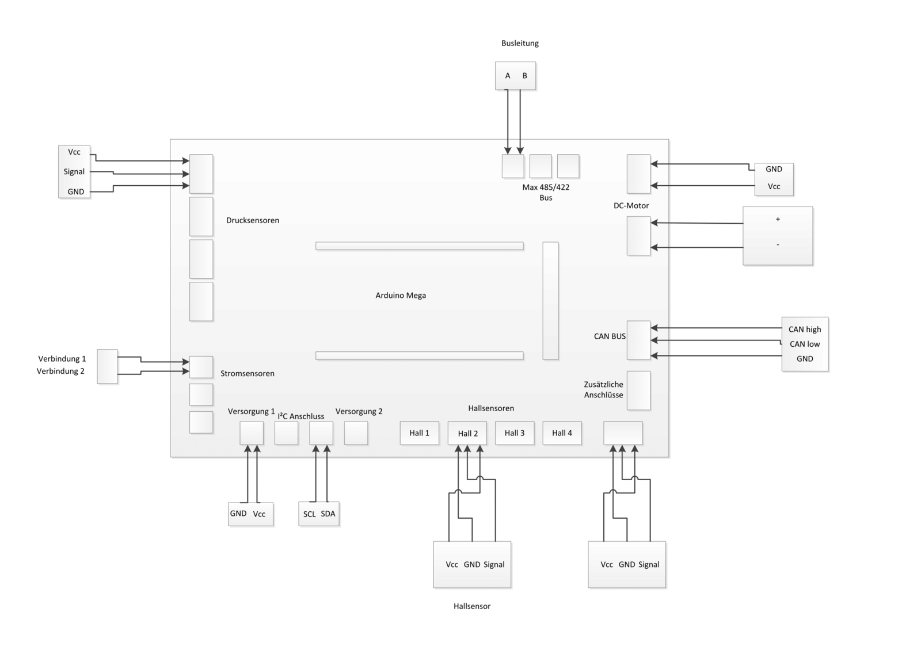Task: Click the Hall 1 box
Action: (x=419, y=433)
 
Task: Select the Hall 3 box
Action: (x=514, y=433)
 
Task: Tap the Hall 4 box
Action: (x=562, y=433)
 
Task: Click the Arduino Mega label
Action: (x=401, y=296)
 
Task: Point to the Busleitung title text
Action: (x=520, y=43)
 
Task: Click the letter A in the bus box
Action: (x=508, y=76)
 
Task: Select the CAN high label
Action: (x=805, y=330)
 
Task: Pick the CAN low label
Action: (x=805, y=344)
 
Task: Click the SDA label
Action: (x=328, y=514)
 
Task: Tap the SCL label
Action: (x=309, y=514)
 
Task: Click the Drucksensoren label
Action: (x=253, y=220)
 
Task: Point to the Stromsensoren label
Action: (x=248, y=373)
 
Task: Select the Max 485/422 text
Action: (x=546, y=187)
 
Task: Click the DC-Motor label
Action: (x=631, y=205)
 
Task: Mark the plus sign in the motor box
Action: (x=778, y=219)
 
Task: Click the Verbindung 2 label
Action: (x=60, y=371)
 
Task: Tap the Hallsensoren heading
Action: (x=491, y=408)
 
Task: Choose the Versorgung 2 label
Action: (x=359, y=411)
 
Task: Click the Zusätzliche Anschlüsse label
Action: (x=604, y=389)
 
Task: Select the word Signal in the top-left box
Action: (x=74, y=171)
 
